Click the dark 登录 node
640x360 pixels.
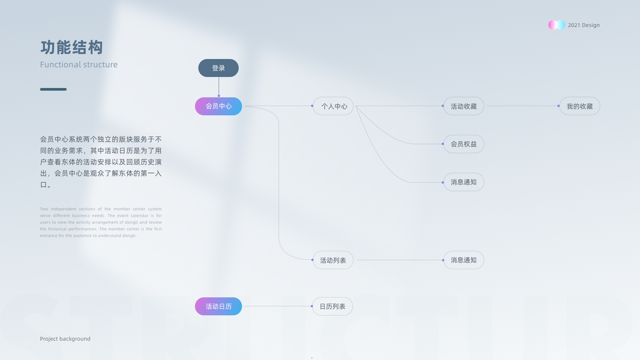point(218,68)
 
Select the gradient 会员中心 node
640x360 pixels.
point(218,106)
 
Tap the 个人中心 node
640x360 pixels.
point(333,106)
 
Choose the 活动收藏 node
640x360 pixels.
point(464,106)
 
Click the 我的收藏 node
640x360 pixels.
point(579,106)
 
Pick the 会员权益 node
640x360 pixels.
point(464,144)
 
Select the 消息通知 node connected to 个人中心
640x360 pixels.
point(464,182)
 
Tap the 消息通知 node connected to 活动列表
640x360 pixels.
point(464,260)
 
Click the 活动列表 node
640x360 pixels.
point(333,260)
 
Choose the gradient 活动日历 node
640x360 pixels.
point(218,306)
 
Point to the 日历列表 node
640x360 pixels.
point(332,306)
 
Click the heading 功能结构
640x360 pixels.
point(71,47)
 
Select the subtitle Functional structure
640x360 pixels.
point(79,65)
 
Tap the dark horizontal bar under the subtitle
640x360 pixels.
point(53,89)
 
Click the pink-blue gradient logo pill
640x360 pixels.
point(557,25)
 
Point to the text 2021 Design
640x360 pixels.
point(584,25)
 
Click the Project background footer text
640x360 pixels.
point(65,339)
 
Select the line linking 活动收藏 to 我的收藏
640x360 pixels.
point(522,106)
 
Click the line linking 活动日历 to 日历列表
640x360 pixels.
point(277,306)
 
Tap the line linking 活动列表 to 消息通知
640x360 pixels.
point(399,260)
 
